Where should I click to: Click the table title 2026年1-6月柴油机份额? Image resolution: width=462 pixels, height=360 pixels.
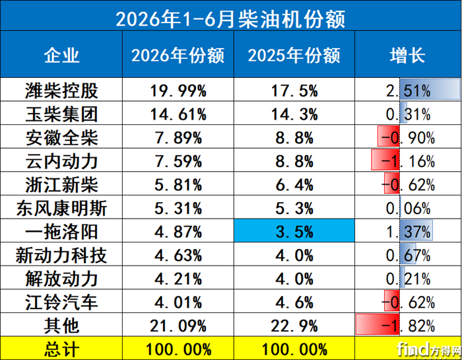tap(230, 19)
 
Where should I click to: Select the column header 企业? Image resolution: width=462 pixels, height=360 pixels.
tap(61, 55)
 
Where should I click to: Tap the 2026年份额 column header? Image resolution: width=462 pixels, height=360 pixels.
tap(178, 55)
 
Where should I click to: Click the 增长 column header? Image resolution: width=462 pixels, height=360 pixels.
tap(407, 55)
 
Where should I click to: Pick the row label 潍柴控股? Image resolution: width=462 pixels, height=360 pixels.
tap(61, 90)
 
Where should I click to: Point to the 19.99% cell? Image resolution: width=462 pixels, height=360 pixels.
tap(178, 90)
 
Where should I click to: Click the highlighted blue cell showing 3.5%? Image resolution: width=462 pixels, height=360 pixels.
tap(294, 231)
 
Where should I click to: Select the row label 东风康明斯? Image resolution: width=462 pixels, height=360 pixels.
tap(61, 208)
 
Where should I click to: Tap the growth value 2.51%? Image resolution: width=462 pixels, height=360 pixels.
tap(409, 90)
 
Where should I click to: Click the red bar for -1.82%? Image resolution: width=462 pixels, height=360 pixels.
tap(378, 324)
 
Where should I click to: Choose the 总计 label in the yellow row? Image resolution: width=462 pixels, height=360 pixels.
tap(61, 349)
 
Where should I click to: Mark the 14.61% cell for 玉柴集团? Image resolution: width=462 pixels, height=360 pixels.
tap(178, 114)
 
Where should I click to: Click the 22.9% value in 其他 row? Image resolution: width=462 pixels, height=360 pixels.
tap(294, 326)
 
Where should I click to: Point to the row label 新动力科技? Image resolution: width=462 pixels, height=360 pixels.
tap(61, 256)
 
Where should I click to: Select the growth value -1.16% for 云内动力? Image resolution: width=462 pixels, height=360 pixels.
tap(409, 161)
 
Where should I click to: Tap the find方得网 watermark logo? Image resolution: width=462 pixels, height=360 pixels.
tap(429, 349)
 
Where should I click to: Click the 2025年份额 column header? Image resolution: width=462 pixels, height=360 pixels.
tap(294, 55)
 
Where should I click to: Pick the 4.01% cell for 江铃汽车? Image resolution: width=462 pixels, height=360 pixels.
tap(178, 303)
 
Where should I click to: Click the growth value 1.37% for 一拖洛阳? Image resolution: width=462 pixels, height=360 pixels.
tap(409, 232)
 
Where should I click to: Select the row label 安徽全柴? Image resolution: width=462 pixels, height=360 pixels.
tap(61, 137)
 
